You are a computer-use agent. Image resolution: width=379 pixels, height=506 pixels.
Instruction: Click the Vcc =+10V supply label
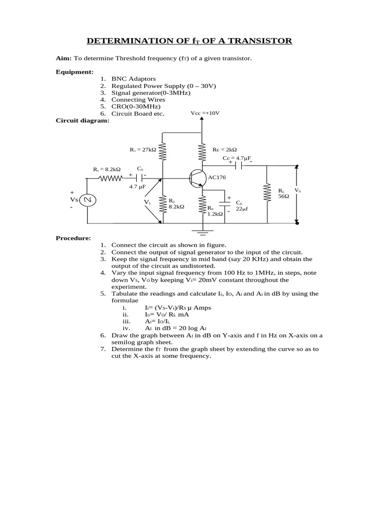pos(205,113)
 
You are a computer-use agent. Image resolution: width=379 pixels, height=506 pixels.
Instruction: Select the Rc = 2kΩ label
pos(225,149)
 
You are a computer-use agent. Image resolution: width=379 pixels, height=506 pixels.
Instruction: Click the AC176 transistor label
pos(217,177)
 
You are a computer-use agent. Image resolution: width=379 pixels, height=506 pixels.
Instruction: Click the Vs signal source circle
pos(89,200)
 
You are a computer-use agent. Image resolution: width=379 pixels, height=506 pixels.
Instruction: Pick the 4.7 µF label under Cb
pos(137,187)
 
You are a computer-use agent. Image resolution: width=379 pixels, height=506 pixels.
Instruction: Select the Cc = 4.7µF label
pos(237,158)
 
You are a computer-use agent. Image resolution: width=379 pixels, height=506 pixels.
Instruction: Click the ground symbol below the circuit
pos(202,230)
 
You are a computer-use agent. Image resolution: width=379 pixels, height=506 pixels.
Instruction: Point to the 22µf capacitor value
pos(241,209)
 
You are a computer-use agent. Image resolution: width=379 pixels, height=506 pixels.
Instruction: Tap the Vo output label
pos(298,190)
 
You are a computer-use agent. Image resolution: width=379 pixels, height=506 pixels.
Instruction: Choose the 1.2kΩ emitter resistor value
pos(215,213)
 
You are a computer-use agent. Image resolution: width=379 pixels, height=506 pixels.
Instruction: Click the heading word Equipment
pos(75,72)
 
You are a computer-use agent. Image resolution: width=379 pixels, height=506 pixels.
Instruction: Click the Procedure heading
pos(73,238)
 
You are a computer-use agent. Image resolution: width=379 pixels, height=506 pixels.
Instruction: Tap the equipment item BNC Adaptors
pos(133,79)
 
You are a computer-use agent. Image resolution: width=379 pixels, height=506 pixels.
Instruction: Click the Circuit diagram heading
pos(82,120)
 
